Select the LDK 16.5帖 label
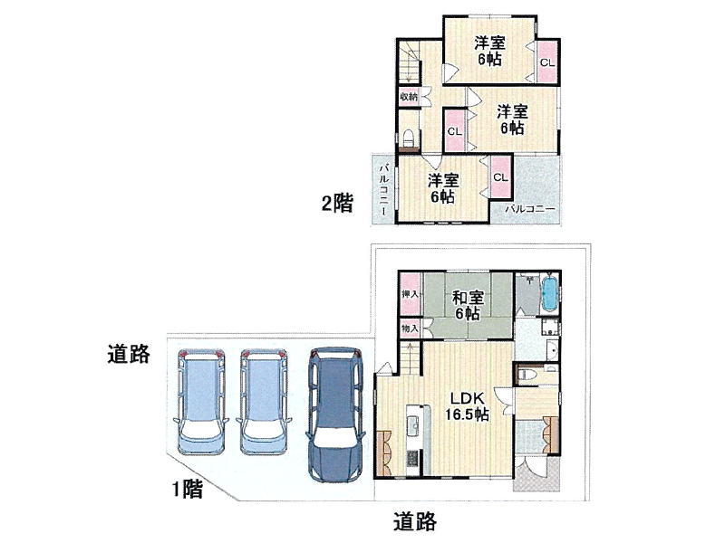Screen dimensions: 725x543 (467, 406)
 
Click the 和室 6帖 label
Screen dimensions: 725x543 (468, 305)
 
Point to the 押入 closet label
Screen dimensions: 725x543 (411, 294)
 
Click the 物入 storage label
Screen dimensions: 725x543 (411, 329)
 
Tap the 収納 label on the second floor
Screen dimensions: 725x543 (409, 97)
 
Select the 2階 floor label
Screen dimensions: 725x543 (337, 203)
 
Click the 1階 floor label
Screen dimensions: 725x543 (188, 489)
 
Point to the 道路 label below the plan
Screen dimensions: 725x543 (415, 521)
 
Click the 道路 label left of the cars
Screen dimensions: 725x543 (129, 354)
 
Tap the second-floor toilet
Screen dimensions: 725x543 (409, 138)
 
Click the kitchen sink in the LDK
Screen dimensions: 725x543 (413, 424)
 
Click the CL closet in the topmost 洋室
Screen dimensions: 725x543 (547, 62)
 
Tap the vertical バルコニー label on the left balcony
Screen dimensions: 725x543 (383, 189)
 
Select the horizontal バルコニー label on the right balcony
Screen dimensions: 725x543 (530, 209)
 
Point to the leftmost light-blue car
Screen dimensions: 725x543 (201, 401)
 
